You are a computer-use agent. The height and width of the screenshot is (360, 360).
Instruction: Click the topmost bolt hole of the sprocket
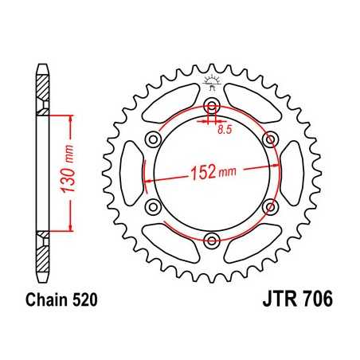click(x=211, y=108)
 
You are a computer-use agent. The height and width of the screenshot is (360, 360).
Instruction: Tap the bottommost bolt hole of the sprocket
click(x=211, y=241)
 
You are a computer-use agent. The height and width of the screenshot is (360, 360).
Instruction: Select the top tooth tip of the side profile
click(x=40, y=65)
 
